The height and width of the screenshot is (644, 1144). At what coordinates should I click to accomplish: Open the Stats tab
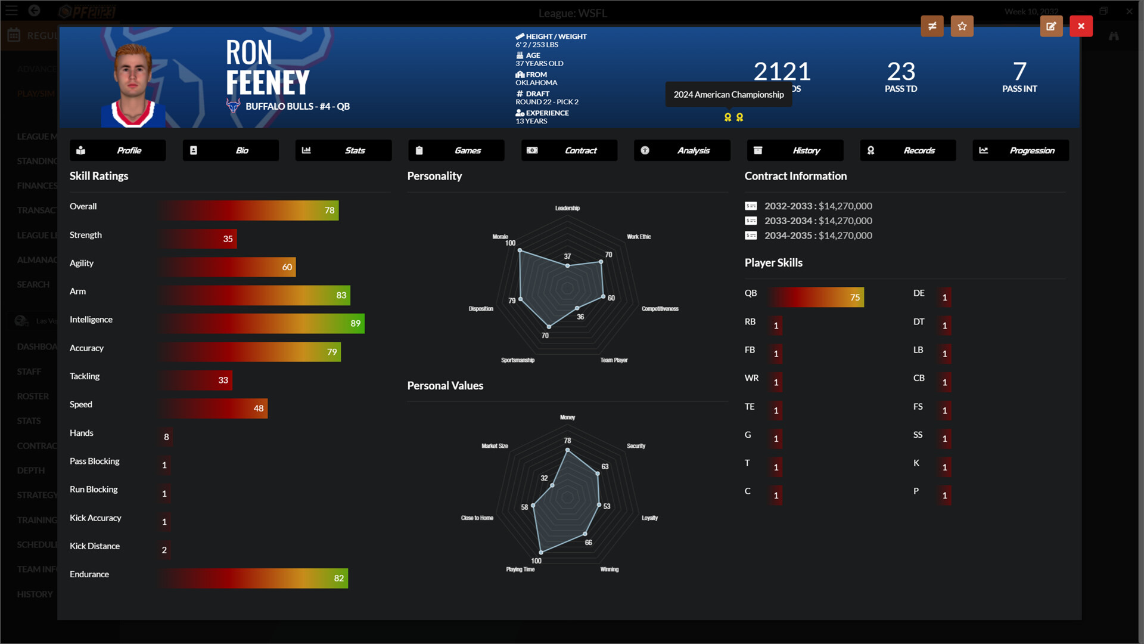(x=343, y=150)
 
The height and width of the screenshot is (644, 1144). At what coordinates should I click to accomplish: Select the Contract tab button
(x=569, y=150)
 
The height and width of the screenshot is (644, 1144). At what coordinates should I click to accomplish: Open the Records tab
(x=907, y=150)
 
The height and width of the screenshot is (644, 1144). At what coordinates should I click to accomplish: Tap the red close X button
(x=1081, y=26)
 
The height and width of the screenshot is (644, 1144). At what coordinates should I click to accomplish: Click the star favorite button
(x=962, y=26)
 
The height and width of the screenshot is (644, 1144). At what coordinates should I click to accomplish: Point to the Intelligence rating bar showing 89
(x=262, y=323)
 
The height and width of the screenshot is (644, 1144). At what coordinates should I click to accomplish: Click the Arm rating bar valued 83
(x=255, y=295)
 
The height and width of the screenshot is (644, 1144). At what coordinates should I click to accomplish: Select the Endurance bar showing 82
(x=254, y=578)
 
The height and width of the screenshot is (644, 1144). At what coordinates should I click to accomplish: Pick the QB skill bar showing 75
(x=816, y=297)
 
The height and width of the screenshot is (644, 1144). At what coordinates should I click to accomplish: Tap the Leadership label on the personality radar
(x=567, y=208)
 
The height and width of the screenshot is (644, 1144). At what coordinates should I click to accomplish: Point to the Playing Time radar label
(x=520, y=569)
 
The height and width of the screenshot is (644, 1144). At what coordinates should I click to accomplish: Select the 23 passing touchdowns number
(x=901, y=72)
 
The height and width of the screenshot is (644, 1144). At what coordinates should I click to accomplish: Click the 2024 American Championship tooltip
(x=728, y=95)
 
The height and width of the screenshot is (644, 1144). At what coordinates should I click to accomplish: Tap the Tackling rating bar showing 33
(x=196, y=380)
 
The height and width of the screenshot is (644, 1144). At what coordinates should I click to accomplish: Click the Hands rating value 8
(x=166, y=437)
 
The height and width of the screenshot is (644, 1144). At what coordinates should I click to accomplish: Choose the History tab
(x=795, y=150)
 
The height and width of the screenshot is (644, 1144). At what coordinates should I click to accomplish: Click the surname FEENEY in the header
(x=268, y=83)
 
